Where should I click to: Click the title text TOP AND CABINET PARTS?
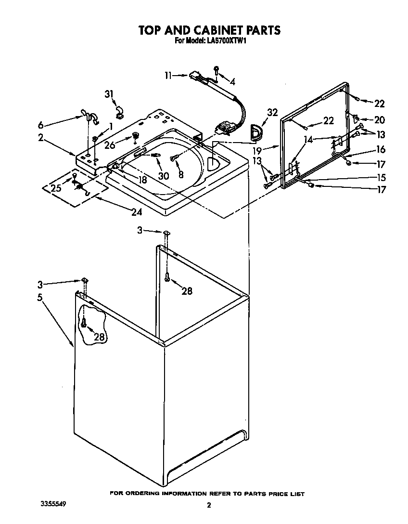pyautogui.click(x=209, y=30)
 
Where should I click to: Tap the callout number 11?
pyautogui.click(x=168, y=75)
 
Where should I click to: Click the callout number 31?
pyautogui.click(x=109, y=94)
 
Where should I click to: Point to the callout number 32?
pyautogui.click(x=272, y=112)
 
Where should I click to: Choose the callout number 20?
pyautogui.click(x=380, y=119)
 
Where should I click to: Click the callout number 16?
pyautogui.click(x=381, y=150)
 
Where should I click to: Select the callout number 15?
pyautogui.click(x=381, y=177)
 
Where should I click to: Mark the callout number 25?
pyautogui.click(x=56, y=188)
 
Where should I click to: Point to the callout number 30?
pyautogui.click(x=163, y=176)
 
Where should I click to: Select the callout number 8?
pyautogui.click(x=181, y=175)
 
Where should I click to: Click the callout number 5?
pyautogui.click(x=40, y=297)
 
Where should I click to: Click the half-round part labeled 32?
pyautogui.click(x=254, y=131)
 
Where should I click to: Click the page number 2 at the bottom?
pyautogui.click(x=209, y=505)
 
